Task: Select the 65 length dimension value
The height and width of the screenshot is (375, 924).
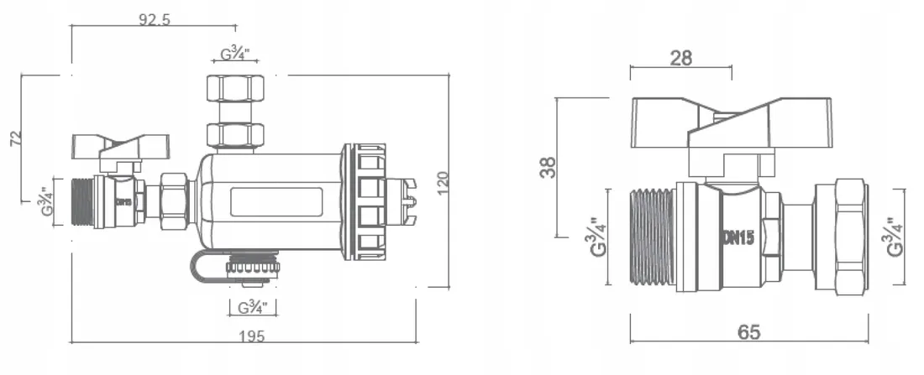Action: click(749, 331)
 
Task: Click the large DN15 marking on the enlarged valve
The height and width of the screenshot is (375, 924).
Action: click(738, 237)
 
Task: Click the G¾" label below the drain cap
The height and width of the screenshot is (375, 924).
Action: click(252, 307)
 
